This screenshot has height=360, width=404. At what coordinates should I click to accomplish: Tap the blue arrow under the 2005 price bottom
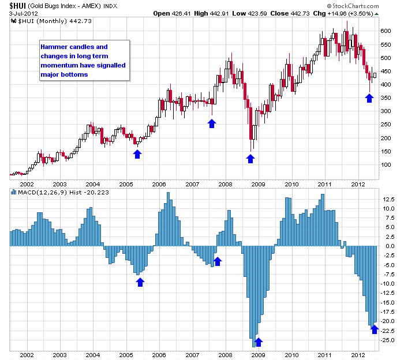(137, 153)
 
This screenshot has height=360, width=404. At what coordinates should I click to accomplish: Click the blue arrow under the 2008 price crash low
(250, 158)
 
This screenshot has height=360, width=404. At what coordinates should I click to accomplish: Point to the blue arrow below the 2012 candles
(369, 97)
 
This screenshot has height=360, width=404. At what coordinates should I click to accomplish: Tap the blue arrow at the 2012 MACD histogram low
(374, 329)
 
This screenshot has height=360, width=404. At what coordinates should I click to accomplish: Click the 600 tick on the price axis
(386, 31)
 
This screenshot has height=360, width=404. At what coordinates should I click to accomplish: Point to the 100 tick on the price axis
(386, 165)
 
